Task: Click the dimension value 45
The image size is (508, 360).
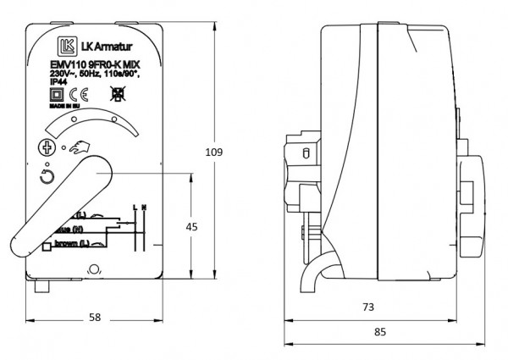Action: (191, 226)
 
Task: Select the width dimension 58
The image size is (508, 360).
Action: (94, 318)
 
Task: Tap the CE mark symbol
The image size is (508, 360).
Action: (74, 95)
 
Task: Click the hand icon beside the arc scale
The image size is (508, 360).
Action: (81, 149)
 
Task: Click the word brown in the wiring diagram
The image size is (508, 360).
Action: (68, 244)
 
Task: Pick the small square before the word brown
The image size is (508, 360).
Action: (47, 246)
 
